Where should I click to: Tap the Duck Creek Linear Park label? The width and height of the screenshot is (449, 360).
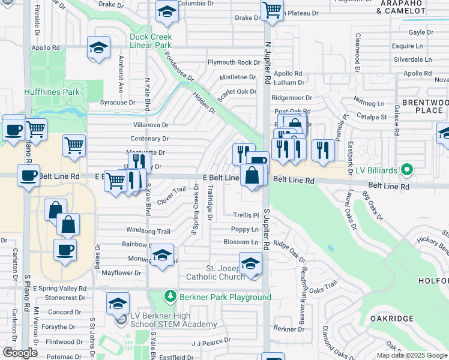[151, 41]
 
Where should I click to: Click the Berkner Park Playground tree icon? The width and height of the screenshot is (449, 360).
[170, 296]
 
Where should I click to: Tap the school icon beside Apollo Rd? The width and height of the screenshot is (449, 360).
[98, 48]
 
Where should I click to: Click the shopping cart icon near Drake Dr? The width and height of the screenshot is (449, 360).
[273, 10]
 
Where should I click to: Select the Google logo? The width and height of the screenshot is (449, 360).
[20, 353]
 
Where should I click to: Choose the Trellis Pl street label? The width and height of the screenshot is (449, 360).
[246, 215]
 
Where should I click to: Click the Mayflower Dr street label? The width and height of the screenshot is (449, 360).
[121, 273]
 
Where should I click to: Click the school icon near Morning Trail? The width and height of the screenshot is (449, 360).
[162, 255]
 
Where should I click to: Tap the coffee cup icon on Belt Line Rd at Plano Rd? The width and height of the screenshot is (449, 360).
[28, 176]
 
